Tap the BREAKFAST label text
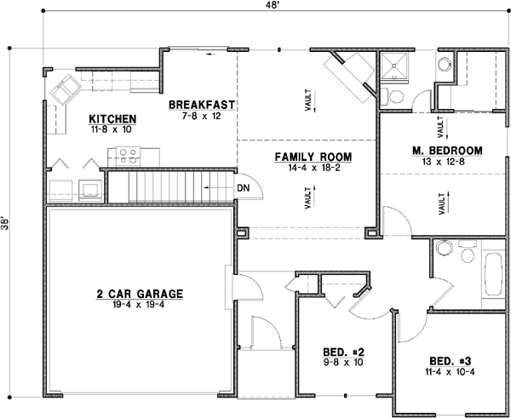pos(201,105)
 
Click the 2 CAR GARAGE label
pos(140,295)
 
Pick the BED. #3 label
pos(439,359)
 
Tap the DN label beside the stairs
pos(243,187)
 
